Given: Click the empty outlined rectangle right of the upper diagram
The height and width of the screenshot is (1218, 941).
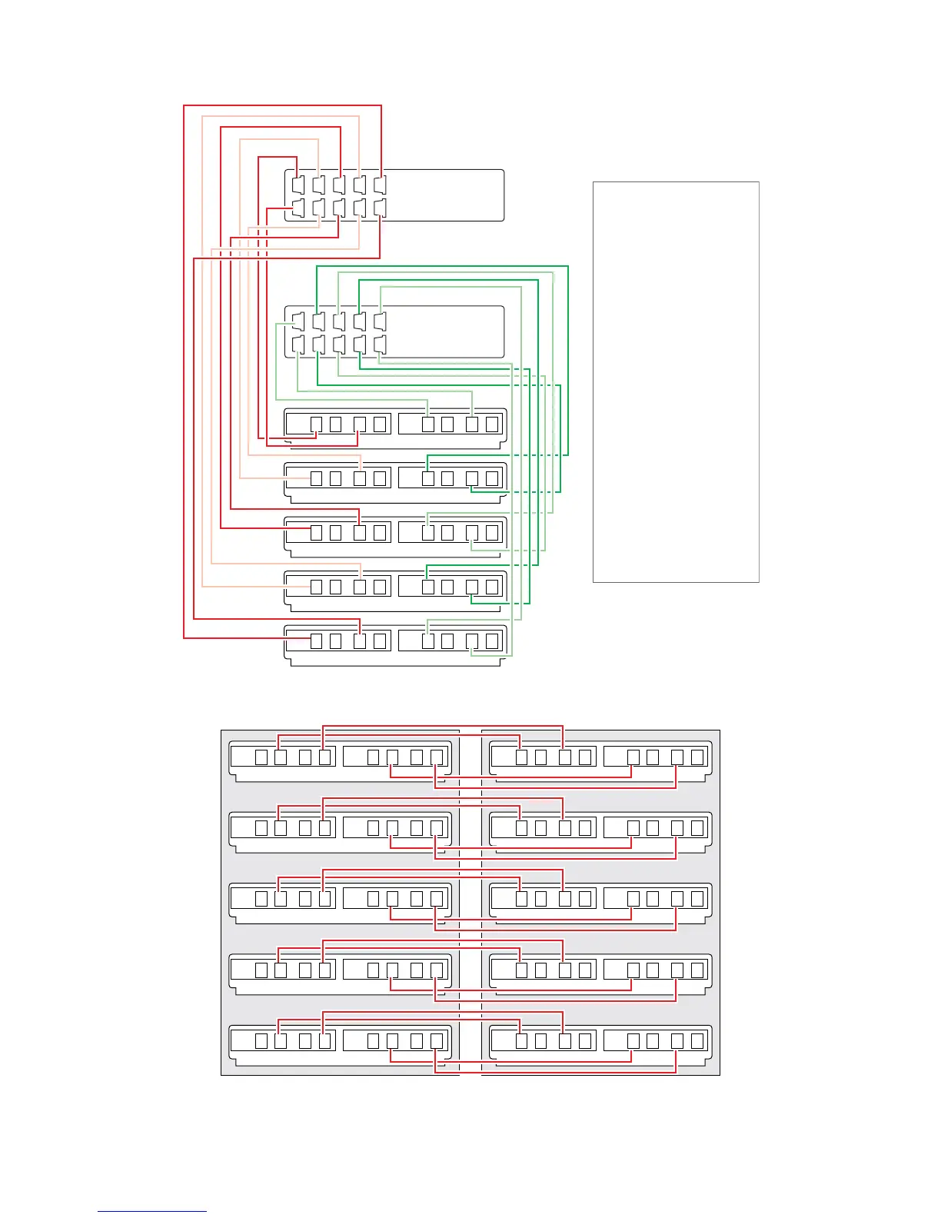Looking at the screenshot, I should tap(676, 382).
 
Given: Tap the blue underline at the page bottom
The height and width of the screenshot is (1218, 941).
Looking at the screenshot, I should tap(152, 1211).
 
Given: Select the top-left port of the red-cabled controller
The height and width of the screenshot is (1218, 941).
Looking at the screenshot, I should tap(299, 185).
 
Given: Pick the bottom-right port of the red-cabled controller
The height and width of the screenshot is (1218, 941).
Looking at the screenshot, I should tap(380, 208).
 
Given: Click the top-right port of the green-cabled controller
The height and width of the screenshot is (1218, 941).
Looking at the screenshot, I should tap(380, 321).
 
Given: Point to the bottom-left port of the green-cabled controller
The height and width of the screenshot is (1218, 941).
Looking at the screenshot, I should tap(299, 344).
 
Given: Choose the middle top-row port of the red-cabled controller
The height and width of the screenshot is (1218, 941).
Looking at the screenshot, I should tap(340, 185).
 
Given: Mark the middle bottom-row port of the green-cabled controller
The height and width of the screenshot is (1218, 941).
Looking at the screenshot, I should tap(340, 344).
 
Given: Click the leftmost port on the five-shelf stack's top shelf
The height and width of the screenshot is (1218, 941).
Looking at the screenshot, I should tap(316, 424).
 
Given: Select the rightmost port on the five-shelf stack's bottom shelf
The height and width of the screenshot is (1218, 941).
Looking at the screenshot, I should tap(492, 641).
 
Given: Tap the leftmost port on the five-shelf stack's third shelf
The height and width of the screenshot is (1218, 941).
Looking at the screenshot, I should tap(316, 532).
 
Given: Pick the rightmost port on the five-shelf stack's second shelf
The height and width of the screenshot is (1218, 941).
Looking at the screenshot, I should tap(492, 478).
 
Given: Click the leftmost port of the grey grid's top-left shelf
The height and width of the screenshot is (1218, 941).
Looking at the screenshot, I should tap(261, 757).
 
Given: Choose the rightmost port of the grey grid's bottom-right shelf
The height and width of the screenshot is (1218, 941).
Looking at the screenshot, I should tap(697, 1041).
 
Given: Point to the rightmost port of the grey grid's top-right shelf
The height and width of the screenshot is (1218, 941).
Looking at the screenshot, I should tap(697, 757).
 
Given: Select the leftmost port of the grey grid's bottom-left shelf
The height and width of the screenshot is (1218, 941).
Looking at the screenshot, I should tap(261, 1041).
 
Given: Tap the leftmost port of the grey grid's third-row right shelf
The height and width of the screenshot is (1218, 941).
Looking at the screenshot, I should tap(521, 899).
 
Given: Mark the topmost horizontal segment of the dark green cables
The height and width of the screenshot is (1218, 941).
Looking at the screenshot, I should tap(442, 267).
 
